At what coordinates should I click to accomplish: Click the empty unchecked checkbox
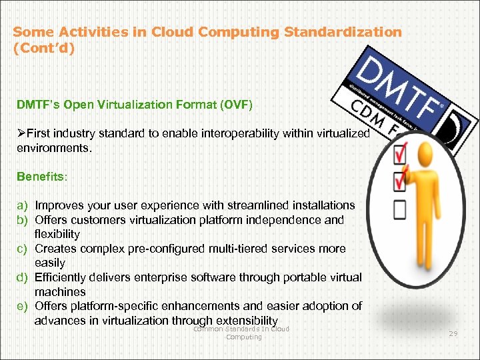[x=400, y=209]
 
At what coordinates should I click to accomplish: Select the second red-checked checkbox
[x=400, y=181]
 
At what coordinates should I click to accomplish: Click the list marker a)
[x=23, y=205]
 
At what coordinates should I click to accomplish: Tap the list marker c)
[x=23, y=249]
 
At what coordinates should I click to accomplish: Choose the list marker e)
[x=23, y=306]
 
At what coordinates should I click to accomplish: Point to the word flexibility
[x=57, y=234]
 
